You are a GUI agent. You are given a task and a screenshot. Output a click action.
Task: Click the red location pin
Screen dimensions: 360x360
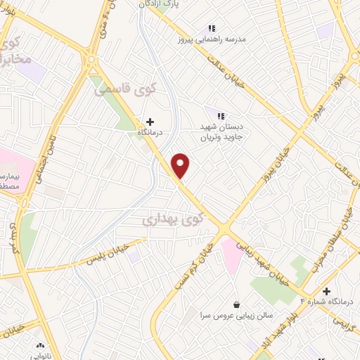(181, 165)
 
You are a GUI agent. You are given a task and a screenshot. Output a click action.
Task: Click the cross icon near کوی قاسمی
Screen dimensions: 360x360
(149, 122)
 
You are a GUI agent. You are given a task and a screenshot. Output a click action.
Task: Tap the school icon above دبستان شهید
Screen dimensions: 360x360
(221, 116)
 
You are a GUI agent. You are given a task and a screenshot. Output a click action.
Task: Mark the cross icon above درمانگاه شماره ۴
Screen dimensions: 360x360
(326, 290)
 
